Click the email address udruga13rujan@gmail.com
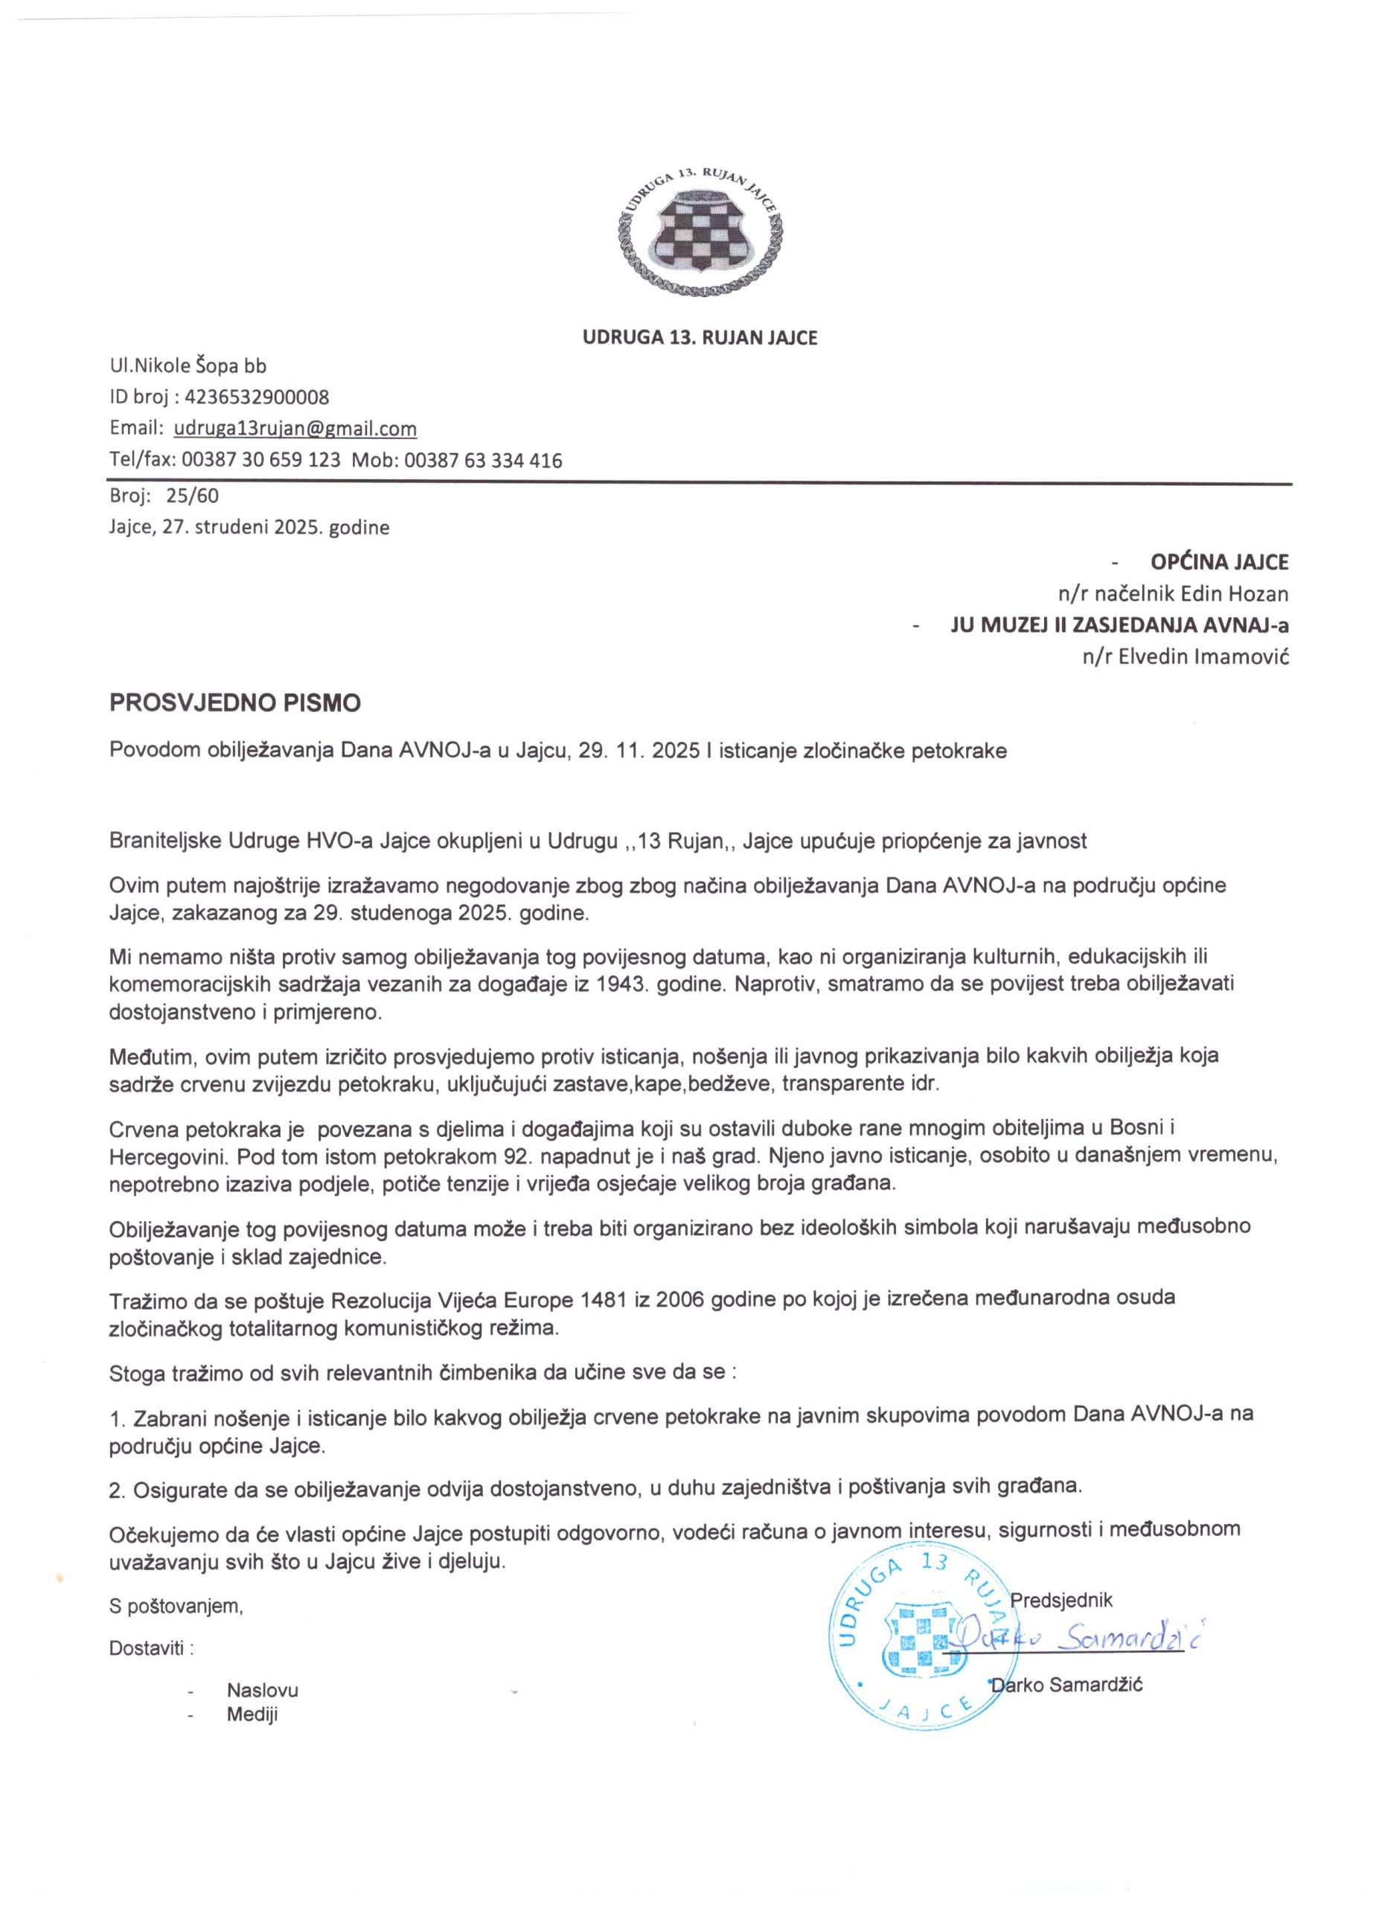coord(295,429)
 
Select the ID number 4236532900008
coord(256,397)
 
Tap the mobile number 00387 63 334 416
coord(483,461)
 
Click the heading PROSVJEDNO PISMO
coord(235,702)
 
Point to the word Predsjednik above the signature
coord(1062,1599)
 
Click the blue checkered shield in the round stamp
coord(919,1637)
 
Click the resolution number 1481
coord(602,1298)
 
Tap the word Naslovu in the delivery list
coord(262,1689)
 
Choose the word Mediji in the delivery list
coord(252,1714)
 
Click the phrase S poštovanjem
coord(176,1607)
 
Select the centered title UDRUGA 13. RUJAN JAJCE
coord(700,338)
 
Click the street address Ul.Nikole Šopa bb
coord(188,365)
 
